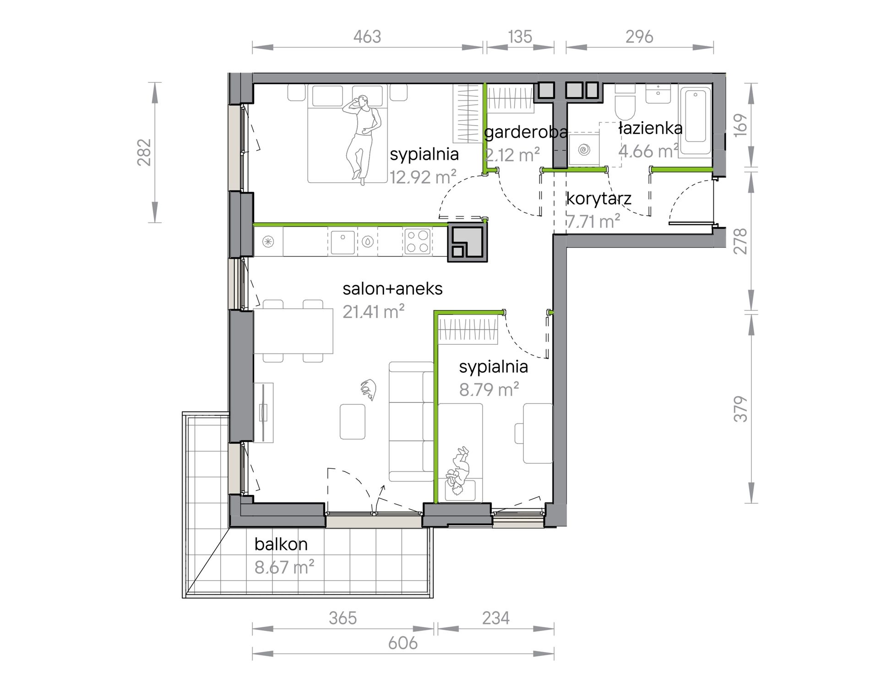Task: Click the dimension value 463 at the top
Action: click(x=367, y=37)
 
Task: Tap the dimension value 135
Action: click(x=520, y=37)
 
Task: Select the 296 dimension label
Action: click(x=639, y=37)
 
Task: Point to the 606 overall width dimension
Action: click(x=403, y=643)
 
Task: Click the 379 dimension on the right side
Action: click(x=740, y=409)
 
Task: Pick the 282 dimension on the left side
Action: click(x=144, y=152)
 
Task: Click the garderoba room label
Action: click(x=526, y=132)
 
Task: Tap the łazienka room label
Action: click(x=650, y=128)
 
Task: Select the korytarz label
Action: click(x=599, y=199)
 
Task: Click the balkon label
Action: click(x=281, y=544)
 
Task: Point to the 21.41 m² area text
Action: click(x=374, y=312)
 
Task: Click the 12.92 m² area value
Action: click(x=423, y=177)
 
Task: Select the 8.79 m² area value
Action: click(x=489, y=390)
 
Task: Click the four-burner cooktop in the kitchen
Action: click(x=417, y=242)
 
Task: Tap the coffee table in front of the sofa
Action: click(x=353, y=421)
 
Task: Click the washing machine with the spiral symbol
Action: click(x=584, y=149)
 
